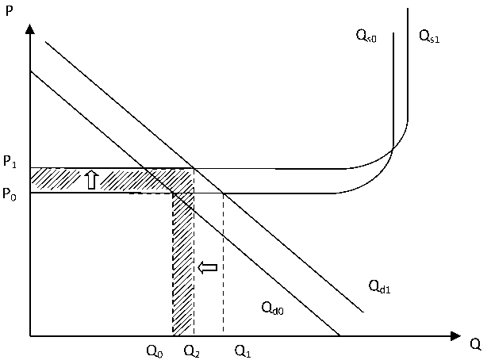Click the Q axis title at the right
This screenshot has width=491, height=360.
[x=476, y=344]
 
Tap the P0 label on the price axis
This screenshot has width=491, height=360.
[x=10, y=193]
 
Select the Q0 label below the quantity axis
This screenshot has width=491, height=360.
[x=155, y=350]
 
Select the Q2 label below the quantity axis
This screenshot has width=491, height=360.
[x=192, y=350]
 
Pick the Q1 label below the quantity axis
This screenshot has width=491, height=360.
[x=244, y=350]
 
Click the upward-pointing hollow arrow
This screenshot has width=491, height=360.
[x=91, y=180]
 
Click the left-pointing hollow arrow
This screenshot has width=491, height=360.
[x=207, y=268]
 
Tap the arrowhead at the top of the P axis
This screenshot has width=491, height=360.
[x=29, y=29]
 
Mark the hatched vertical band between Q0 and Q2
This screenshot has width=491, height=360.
[x=183, y=270]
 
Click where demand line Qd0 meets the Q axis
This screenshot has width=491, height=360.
[x=339, y=336]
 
